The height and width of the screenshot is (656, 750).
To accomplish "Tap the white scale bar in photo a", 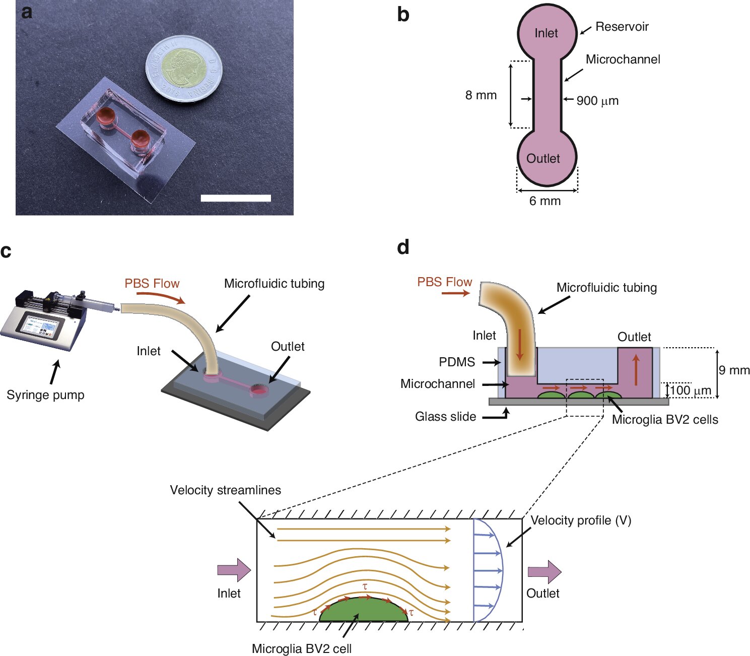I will tap(236, 198).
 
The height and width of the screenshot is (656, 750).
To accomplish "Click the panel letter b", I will tap(403, 15).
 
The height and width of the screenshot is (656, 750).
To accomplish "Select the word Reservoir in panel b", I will tap(622, 27).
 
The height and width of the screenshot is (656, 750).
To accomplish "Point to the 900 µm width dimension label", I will tap(597, 101).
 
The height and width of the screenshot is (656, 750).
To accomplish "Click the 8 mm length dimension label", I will tap(481, 95).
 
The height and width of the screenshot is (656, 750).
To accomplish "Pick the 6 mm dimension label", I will tap(544, 201).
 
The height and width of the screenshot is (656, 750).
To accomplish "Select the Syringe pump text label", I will tap(45, 395).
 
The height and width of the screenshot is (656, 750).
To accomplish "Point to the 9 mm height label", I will tap(734, 370).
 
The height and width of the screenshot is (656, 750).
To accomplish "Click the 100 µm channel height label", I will tap(690, 390).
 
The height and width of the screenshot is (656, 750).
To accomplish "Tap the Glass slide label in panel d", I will tap(445, 417).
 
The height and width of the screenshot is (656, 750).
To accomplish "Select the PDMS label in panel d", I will tap(457, 362).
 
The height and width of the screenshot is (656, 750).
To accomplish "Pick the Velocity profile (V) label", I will tap(581, 520).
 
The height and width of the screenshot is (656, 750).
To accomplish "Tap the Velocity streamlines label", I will tap(225, 490).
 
